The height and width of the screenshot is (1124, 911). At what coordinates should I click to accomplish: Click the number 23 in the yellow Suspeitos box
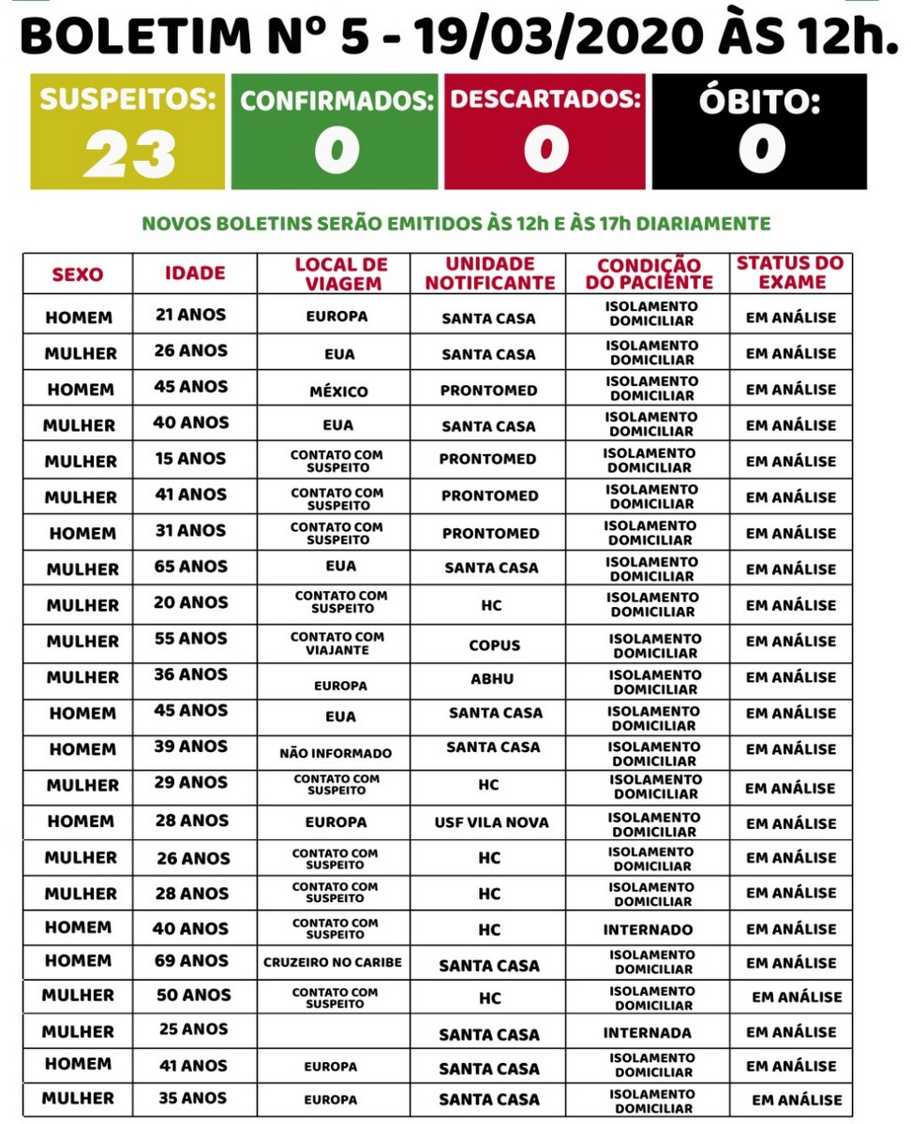129,153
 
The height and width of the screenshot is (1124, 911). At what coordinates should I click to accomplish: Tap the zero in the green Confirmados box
336,151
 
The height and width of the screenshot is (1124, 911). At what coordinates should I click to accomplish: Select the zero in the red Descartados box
545,151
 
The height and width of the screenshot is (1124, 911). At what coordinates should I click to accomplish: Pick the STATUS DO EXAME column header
789,273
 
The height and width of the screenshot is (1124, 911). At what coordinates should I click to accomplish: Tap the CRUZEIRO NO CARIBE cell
333,962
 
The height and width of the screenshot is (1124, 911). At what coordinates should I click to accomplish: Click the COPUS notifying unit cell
494,645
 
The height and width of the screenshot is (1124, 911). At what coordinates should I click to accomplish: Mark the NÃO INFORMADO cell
336,753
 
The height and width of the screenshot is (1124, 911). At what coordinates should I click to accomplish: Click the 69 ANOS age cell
191,960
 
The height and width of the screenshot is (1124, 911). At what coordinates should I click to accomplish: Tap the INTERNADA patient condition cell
648,1033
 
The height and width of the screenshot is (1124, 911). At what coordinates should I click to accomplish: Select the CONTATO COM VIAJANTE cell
337,643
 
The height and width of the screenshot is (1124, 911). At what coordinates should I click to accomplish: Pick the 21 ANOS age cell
190,315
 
